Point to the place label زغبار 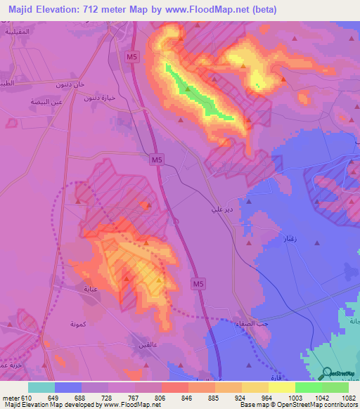coord(289,240)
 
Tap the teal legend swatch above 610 coord(41,387)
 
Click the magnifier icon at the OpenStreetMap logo coord(328,372)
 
